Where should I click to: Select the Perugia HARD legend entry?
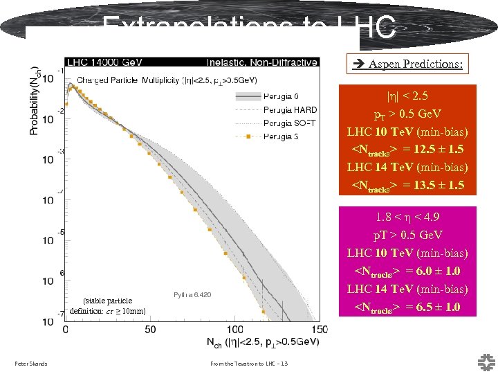pos(290,109)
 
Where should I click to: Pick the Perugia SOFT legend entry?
pos(290,123)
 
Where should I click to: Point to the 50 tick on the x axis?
pos(149,329)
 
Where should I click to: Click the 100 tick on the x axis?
pos(234,329)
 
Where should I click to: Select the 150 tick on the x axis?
pos(318,329)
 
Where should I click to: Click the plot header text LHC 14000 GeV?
pos(102,62)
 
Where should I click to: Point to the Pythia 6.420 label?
pos(192,295)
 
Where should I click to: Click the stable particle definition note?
pos(107,306)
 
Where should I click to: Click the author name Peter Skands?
pos(31,364)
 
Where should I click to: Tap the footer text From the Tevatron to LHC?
pos(246,364)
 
